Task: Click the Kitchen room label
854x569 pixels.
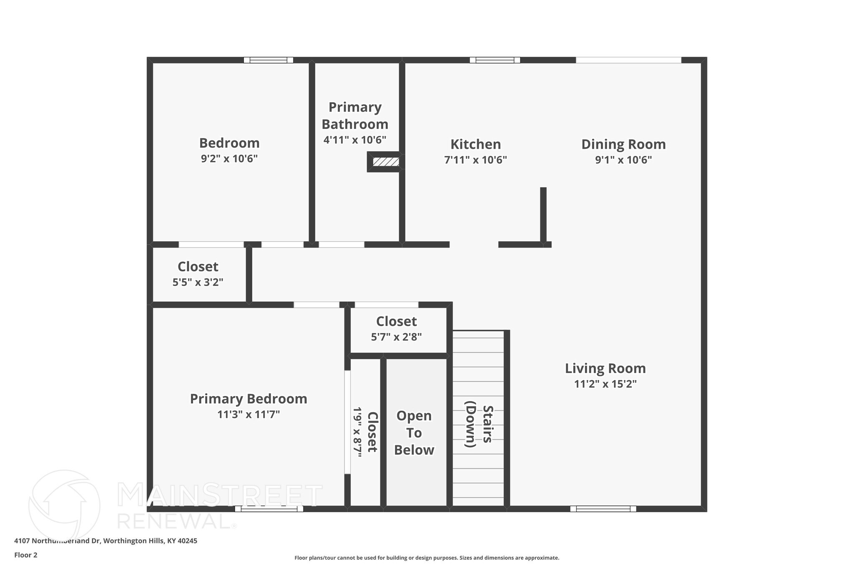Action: click(x=475, y=144)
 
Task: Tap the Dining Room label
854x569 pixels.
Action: click(x=623, y=144)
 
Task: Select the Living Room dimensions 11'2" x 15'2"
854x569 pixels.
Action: click(x=605, y=384)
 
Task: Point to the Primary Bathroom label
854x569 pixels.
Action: click(x=355, y=115)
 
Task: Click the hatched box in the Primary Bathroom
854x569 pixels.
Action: click(x=386, y=162)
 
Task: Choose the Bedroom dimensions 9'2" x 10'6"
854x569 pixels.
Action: click(x=229, y=159)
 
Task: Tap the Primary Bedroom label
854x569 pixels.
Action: click(x=249, y=399)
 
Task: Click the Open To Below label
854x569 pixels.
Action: click(x=414, y=433)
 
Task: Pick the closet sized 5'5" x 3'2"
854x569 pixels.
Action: click(x=198, y=274)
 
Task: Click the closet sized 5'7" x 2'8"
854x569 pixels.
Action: click(x=397, y=328)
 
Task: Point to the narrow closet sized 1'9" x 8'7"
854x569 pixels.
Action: click(x=365, y=432)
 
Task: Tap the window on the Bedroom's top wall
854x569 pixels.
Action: click(x=269, y=60)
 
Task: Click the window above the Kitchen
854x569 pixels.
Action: click(x=495, y=60)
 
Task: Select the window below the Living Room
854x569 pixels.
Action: click(x=603, y=509)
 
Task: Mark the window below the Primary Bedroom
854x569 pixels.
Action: click(x=269, y=509)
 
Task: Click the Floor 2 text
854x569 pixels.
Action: click(x=26, y=555)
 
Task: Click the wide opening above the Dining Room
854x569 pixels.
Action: click(x=628, y=60)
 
